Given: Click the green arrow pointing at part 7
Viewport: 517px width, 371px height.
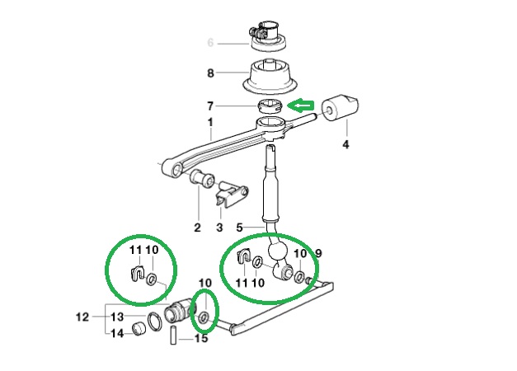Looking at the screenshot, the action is pos(301,106).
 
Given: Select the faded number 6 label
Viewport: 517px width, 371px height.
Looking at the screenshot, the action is pos(211,43).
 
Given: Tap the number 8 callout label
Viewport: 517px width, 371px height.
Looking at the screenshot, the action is pos(211,73).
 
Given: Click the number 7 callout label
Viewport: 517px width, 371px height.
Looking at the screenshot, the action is pos(210,106).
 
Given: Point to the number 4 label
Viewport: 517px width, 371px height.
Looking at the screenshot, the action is pos(345,144).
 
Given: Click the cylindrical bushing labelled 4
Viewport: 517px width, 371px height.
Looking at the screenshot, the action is pos(339,109).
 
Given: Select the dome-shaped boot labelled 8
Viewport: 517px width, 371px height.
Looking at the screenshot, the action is pos(270,77).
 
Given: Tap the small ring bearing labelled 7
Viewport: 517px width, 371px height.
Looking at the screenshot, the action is pos(270,106).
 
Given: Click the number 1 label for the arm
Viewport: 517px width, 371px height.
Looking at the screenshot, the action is pos(210,122).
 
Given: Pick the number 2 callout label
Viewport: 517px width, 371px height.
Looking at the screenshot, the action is pos(197,228).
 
